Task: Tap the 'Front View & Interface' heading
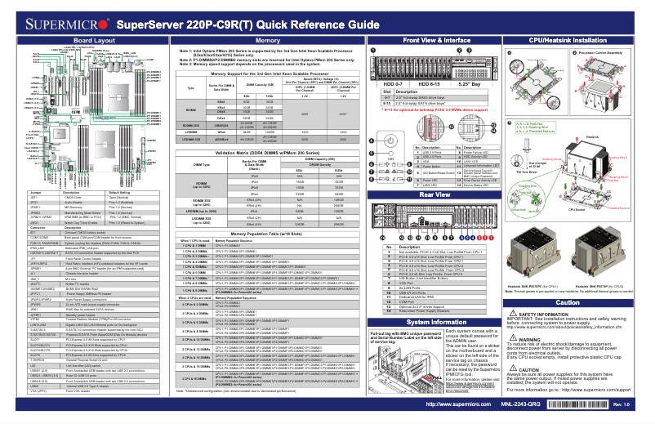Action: tap(437, 40)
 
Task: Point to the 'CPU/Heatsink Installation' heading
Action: tap(574, 40)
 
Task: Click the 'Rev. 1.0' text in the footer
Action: tap(621, 405)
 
